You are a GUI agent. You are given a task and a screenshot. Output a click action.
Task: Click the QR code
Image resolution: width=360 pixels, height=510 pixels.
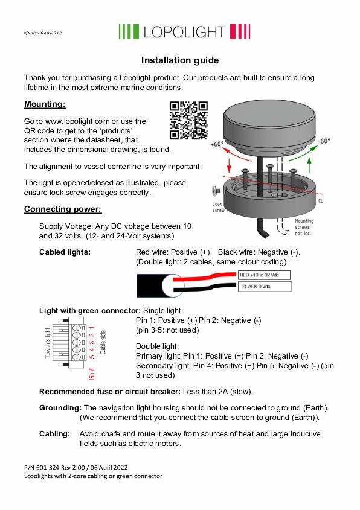[x=188, y=120]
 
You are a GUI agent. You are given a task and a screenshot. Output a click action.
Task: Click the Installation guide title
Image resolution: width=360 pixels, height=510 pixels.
[x=180, y=60]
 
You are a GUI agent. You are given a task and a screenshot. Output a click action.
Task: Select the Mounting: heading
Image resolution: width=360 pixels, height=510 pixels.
[x=45, y=104]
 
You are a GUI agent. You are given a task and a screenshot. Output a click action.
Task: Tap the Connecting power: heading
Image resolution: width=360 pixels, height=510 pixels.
[x=63, y=209]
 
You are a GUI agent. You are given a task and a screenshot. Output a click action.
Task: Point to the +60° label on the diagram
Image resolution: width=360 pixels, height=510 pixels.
[x=217, y=144]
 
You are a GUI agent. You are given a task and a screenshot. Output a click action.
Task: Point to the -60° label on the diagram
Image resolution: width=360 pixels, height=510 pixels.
[x=324, y=141]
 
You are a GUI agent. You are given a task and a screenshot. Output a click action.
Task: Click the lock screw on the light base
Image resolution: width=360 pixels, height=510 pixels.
[x=216, y=191]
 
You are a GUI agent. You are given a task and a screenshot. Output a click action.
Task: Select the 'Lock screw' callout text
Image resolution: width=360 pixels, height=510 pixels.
[x=218, y=207]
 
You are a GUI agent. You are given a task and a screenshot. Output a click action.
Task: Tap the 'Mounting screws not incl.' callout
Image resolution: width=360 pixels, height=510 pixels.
[x=304, y=227]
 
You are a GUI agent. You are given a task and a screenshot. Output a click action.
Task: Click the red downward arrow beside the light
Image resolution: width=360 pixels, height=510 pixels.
[x=229, y=165]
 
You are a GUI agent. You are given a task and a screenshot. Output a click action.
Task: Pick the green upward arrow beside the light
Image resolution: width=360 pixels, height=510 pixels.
[x=309, y=165]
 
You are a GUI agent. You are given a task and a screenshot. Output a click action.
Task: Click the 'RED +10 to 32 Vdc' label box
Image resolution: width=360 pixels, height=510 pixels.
[x=264, y=275]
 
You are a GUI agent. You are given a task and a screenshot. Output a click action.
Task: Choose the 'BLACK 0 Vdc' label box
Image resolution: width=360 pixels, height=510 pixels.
[x=265, y=287]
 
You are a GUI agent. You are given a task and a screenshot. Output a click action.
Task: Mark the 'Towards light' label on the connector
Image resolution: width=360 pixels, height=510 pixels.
[x=48, y=343]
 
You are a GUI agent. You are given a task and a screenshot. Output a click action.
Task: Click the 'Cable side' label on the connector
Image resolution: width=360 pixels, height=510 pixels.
[x=103, y=342]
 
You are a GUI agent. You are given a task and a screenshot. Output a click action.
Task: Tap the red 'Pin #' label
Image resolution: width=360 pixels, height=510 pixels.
[x=92, y=374]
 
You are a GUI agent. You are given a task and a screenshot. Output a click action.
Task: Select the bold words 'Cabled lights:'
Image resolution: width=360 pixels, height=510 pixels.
[x=65, y=252]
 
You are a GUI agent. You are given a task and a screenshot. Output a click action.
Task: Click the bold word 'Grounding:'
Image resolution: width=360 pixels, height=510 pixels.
[x=60, y=408]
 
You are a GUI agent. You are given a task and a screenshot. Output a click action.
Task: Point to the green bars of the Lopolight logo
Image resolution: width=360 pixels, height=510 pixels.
[x=129, y=31]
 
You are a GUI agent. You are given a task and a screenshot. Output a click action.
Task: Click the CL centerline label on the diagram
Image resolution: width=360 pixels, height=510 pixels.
[x=321, y=201]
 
